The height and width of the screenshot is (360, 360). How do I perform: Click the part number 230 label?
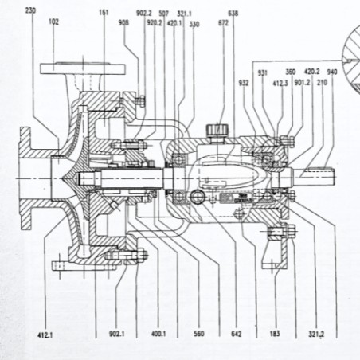30,11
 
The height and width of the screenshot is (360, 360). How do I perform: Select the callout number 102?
53,23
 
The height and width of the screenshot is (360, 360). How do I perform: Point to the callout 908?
123,23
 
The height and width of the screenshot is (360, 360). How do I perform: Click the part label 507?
164,13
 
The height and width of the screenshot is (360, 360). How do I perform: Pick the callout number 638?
233,14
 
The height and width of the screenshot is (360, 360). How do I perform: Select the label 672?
223,23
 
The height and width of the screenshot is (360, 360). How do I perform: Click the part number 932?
243,82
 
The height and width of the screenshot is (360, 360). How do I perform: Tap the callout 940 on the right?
331,72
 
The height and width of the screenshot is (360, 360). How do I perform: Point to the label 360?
290,72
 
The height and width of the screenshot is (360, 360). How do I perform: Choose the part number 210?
323,82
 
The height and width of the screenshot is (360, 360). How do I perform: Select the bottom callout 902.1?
116,335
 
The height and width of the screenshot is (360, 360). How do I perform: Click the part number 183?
276,335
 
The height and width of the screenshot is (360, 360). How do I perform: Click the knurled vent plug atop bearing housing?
217,128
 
